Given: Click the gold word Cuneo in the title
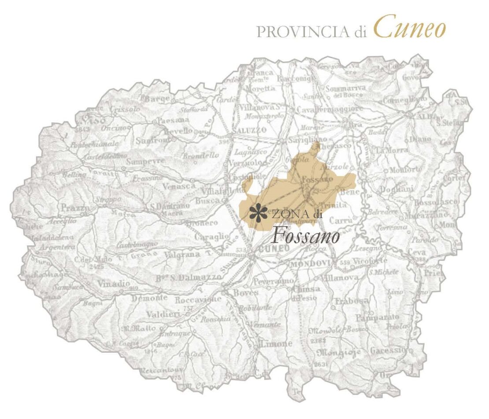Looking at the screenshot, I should pyautogui.click(x=410, y=27).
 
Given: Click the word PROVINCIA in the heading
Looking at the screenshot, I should pyautogui.click(x=304, y=32).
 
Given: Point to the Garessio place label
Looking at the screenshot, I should pyautogui.click(x=387, y=350).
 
